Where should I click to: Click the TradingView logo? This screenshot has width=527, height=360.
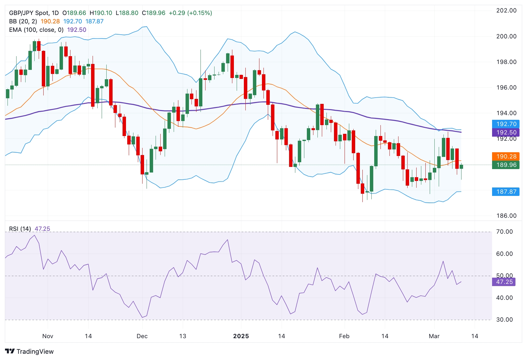(29, 351)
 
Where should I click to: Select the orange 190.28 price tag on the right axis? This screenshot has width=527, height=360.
(506, 156)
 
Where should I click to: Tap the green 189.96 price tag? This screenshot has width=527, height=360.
(506, 165)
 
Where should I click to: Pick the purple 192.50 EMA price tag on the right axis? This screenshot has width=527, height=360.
(506, 132)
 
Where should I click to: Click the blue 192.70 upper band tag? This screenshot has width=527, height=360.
(506, 124)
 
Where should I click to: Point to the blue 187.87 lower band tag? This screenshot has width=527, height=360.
(506, 192)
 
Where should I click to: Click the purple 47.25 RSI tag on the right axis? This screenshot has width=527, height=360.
(504, 282)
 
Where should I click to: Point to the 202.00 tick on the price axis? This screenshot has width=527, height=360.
(506, 10)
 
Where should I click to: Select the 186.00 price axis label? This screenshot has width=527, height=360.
(506, 216)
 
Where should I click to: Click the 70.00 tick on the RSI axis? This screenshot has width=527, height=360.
(504, 231)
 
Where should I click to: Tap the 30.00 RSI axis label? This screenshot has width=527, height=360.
(504, 319)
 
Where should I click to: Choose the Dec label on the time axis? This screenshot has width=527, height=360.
(142, 336)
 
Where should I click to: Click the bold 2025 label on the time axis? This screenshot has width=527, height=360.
(241, 336)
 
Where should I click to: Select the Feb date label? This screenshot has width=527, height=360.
(344, 336)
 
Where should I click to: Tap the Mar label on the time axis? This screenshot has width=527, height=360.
(434, 336)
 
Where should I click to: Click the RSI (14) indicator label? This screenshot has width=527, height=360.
(20, 229)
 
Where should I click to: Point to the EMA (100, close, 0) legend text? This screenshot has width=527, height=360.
(36, 30)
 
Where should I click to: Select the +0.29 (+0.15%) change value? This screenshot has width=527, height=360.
(190, 13)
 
